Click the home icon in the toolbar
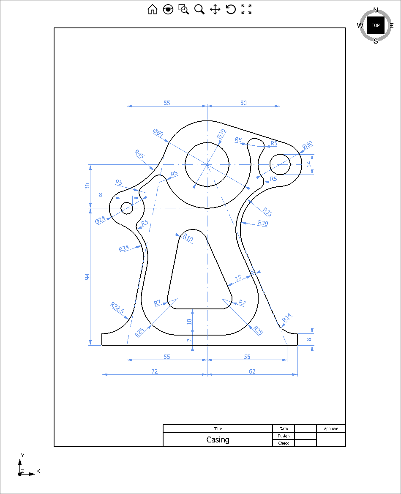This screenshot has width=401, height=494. point(152,9)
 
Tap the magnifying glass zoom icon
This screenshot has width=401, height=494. point(199,9)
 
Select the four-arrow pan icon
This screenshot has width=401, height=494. point(215,9)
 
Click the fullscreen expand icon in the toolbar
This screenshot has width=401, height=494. point(246,9)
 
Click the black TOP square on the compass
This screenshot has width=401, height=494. point(375,25)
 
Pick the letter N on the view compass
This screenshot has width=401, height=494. point(376,10)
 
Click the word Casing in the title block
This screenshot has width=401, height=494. point(218,439)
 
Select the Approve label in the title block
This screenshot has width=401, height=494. point(331,428)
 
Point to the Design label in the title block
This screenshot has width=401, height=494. point(284,436)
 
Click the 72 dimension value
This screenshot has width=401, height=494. point(155,371)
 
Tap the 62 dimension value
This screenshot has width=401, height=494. point(252,371)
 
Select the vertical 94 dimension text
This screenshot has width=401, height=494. point(87,277)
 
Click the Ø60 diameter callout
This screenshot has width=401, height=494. point(158,133)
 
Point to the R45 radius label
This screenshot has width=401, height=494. point(139,153)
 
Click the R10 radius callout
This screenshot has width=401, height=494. point(188,238)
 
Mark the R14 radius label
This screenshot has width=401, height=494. point(287,317)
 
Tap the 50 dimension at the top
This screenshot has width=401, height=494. point(243,103)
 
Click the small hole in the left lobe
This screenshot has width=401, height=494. point(127,207)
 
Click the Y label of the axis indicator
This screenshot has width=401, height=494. point(22,455)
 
